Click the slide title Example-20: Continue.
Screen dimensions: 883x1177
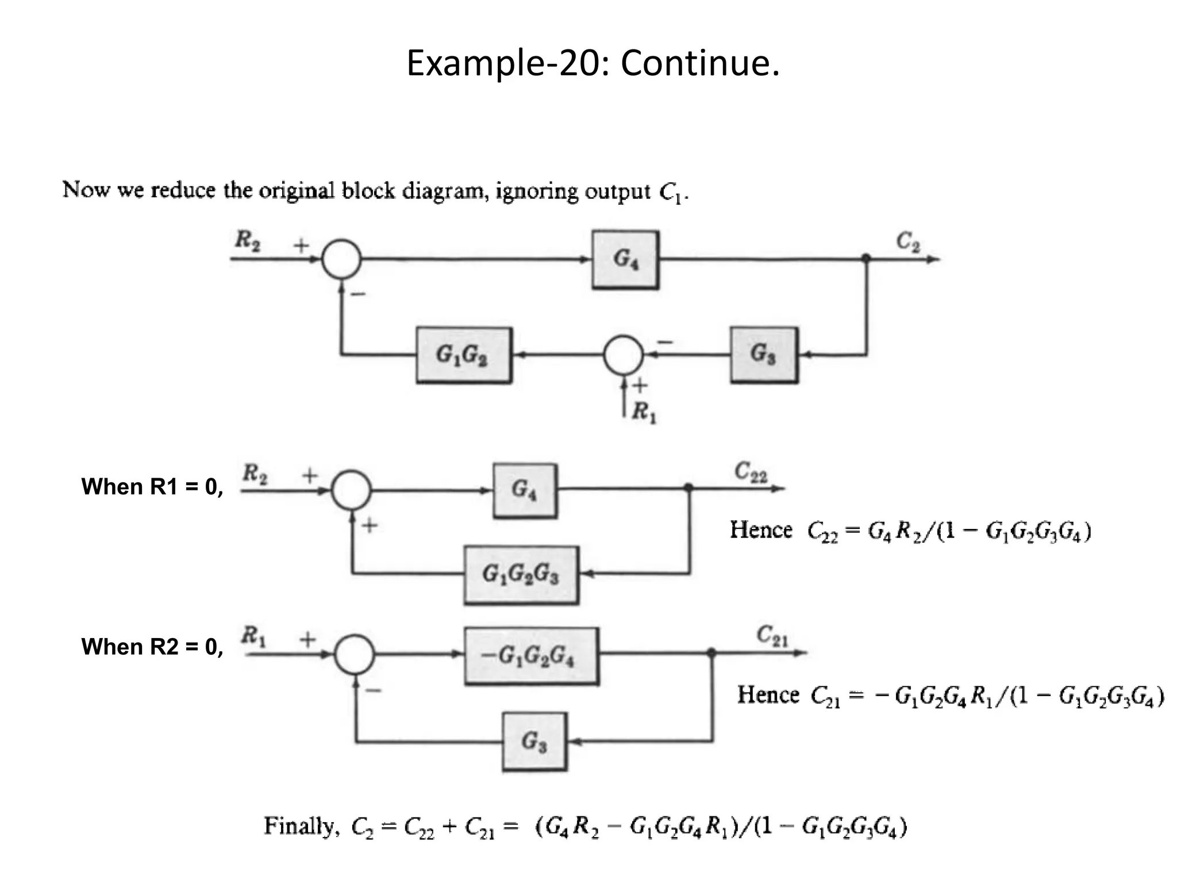pos(593,63)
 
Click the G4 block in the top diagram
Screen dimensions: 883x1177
pos(625,260)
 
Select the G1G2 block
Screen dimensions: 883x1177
pos(463,355)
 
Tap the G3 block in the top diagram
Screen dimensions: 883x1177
pos(764,355)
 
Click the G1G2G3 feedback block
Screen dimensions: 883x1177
pos(521,574)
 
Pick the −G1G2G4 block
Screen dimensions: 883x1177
pos(531,656)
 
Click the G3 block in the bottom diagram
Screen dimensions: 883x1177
pos(534,742)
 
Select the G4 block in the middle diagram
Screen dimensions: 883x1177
pos(525,490)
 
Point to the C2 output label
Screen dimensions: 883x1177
pos(908,242)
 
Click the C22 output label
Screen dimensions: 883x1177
pos(751,472)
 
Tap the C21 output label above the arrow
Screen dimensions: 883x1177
pos(772,635)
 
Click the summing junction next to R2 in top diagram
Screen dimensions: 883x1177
pos(341,259)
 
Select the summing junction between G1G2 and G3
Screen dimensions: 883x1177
pos(622,355)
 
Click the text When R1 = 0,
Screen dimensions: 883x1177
pos(152,487)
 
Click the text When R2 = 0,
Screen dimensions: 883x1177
pos(152,647)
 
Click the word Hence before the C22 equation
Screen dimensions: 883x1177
pos(761,529)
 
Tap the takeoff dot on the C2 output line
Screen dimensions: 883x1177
pos(866,259)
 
